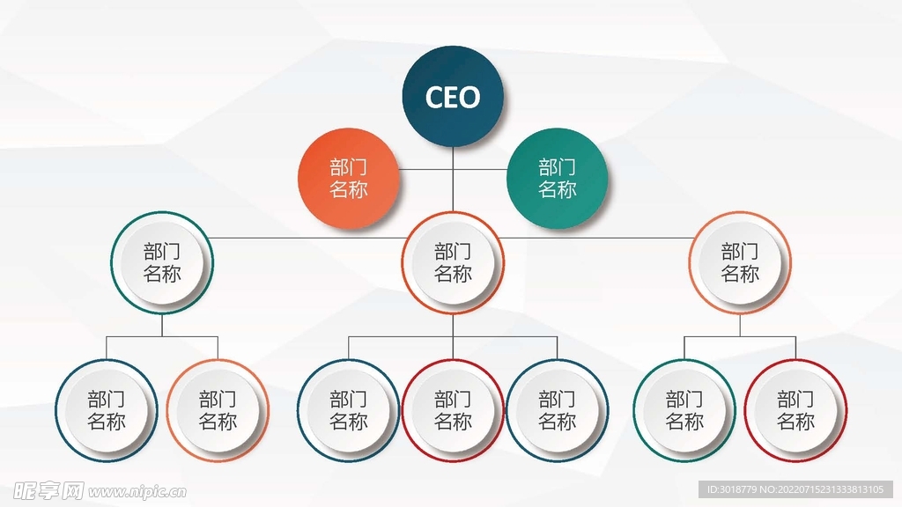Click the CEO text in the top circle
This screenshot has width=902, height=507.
[x=453, y=97]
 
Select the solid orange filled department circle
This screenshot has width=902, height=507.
[x=349, y=179]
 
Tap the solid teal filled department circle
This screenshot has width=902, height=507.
[x=557, y=179]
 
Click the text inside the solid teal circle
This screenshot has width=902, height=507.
[x=557, y=179]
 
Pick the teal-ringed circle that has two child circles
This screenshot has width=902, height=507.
[x=162, y=262]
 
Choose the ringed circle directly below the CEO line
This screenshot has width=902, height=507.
[x=453, y=262]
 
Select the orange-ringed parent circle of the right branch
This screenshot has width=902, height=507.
[x=740, y=262]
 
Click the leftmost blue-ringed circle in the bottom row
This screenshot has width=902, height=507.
[x=107, y=410]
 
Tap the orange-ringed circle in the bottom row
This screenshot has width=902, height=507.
[x=218, y=410]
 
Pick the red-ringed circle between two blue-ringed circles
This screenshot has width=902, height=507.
[x=453, y=410]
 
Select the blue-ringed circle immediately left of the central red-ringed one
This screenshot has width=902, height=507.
[x=349, y=410]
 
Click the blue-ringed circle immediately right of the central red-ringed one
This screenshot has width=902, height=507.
[x=557, y=410]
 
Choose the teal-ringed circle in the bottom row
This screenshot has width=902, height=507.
[x=684, y=410]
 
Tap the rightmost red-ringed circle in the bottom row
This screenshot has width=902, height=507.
[x=795, y=410]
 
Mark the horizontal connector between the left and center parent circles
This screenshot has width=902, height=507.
[x=308, y=237]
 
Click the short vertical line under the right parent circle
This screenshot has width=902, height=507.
[x=740, y=326]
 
